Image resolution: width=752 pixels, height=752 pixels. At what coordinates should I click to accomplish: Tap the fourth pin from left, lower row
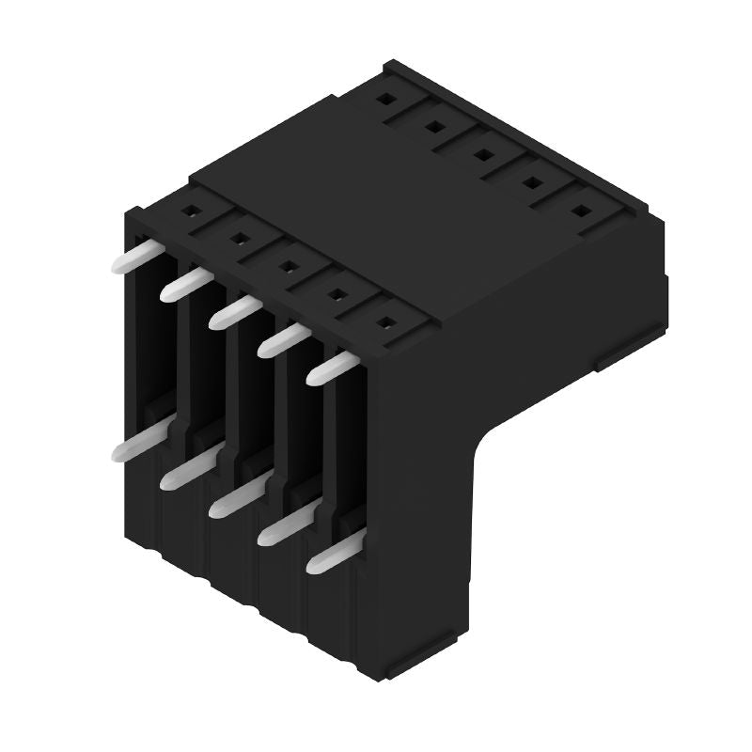point(283,527)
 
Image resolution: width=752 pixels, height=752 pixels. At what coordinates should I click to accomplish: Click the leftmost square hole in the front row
point(191,211)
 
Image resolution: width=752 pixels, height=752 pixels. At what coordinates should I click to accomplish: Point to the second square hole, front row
point(239,238)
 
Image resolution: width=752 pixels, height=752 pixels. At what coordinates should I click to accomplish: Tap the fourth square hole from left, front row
point(336,294)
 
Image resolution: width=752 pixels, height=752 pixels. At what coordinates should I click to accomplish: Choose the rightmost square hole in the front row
point(384,322)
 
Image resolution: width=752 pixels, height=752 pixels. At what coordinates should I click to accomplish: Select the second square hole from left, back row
point(434,125)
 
